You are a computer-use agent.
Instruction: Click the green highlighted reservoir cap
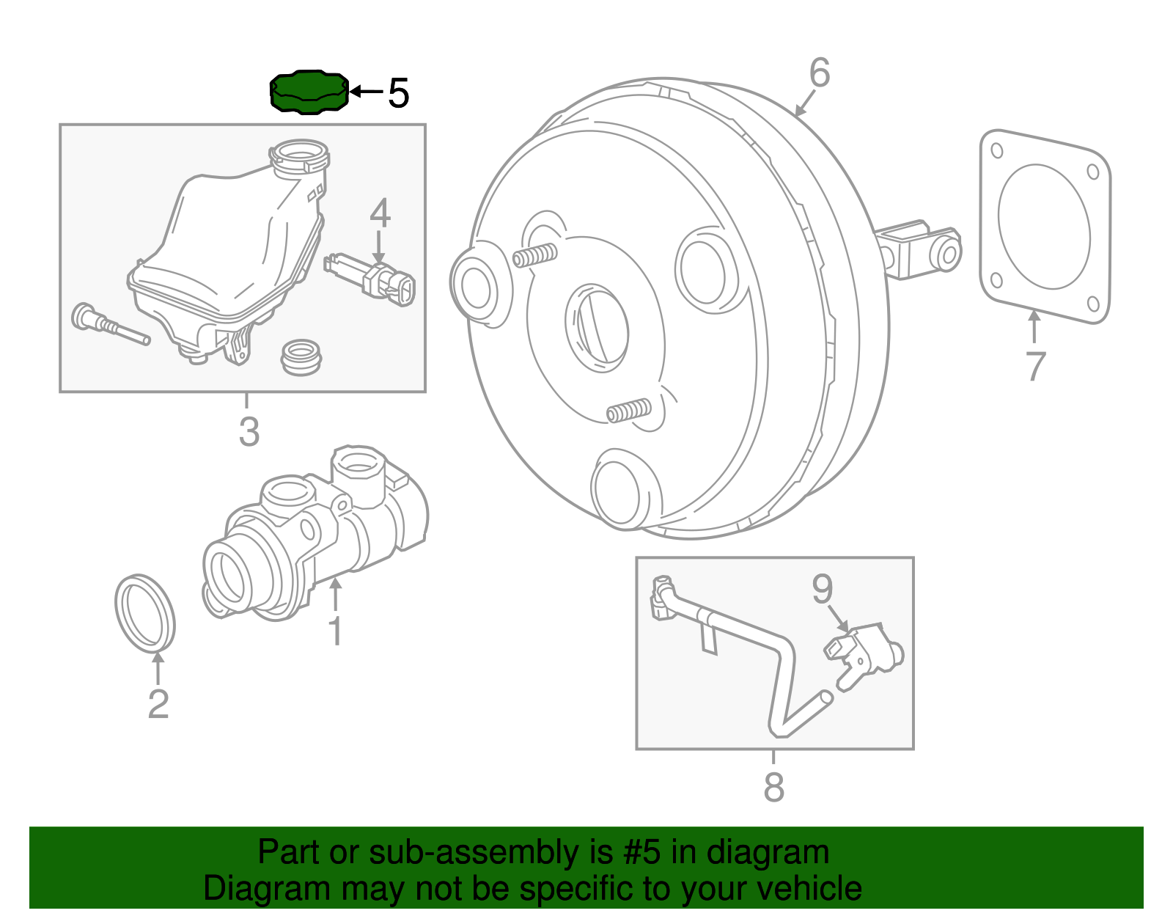pos(308,93)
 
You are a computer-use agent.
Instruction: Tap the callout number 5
pos(398,94)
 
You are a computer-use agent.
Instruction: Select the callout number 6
pos(820,73)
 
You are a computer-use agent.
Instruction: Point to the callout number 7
pos(1034,366)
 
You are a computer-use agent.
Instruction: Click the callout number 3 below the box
pos(249,432)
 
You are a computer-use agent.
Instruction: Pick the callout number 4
pos(380,214)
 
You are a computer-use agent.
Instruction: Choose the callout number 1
pos(335,631)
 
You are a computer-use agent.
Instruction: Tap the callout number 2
pos(158,704)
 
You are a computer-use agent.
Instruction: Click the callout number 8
pos(773,787)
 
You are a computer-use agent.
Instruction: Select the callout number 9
pos(823,589)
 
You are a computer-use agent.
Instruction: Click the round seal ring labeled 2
pos(145,613)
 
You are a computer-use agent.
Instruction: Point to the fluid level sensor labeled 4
pos(371,279)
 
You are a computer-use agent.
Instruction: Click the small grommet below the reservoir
pos(301,356)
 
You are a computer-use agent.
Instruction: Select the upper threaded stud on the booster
pos(534,256)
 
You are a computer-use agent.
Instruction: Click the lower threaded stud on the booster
pos(629,411)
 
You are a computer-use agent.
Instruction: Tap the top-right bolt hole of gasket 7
pos(1092,172)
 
